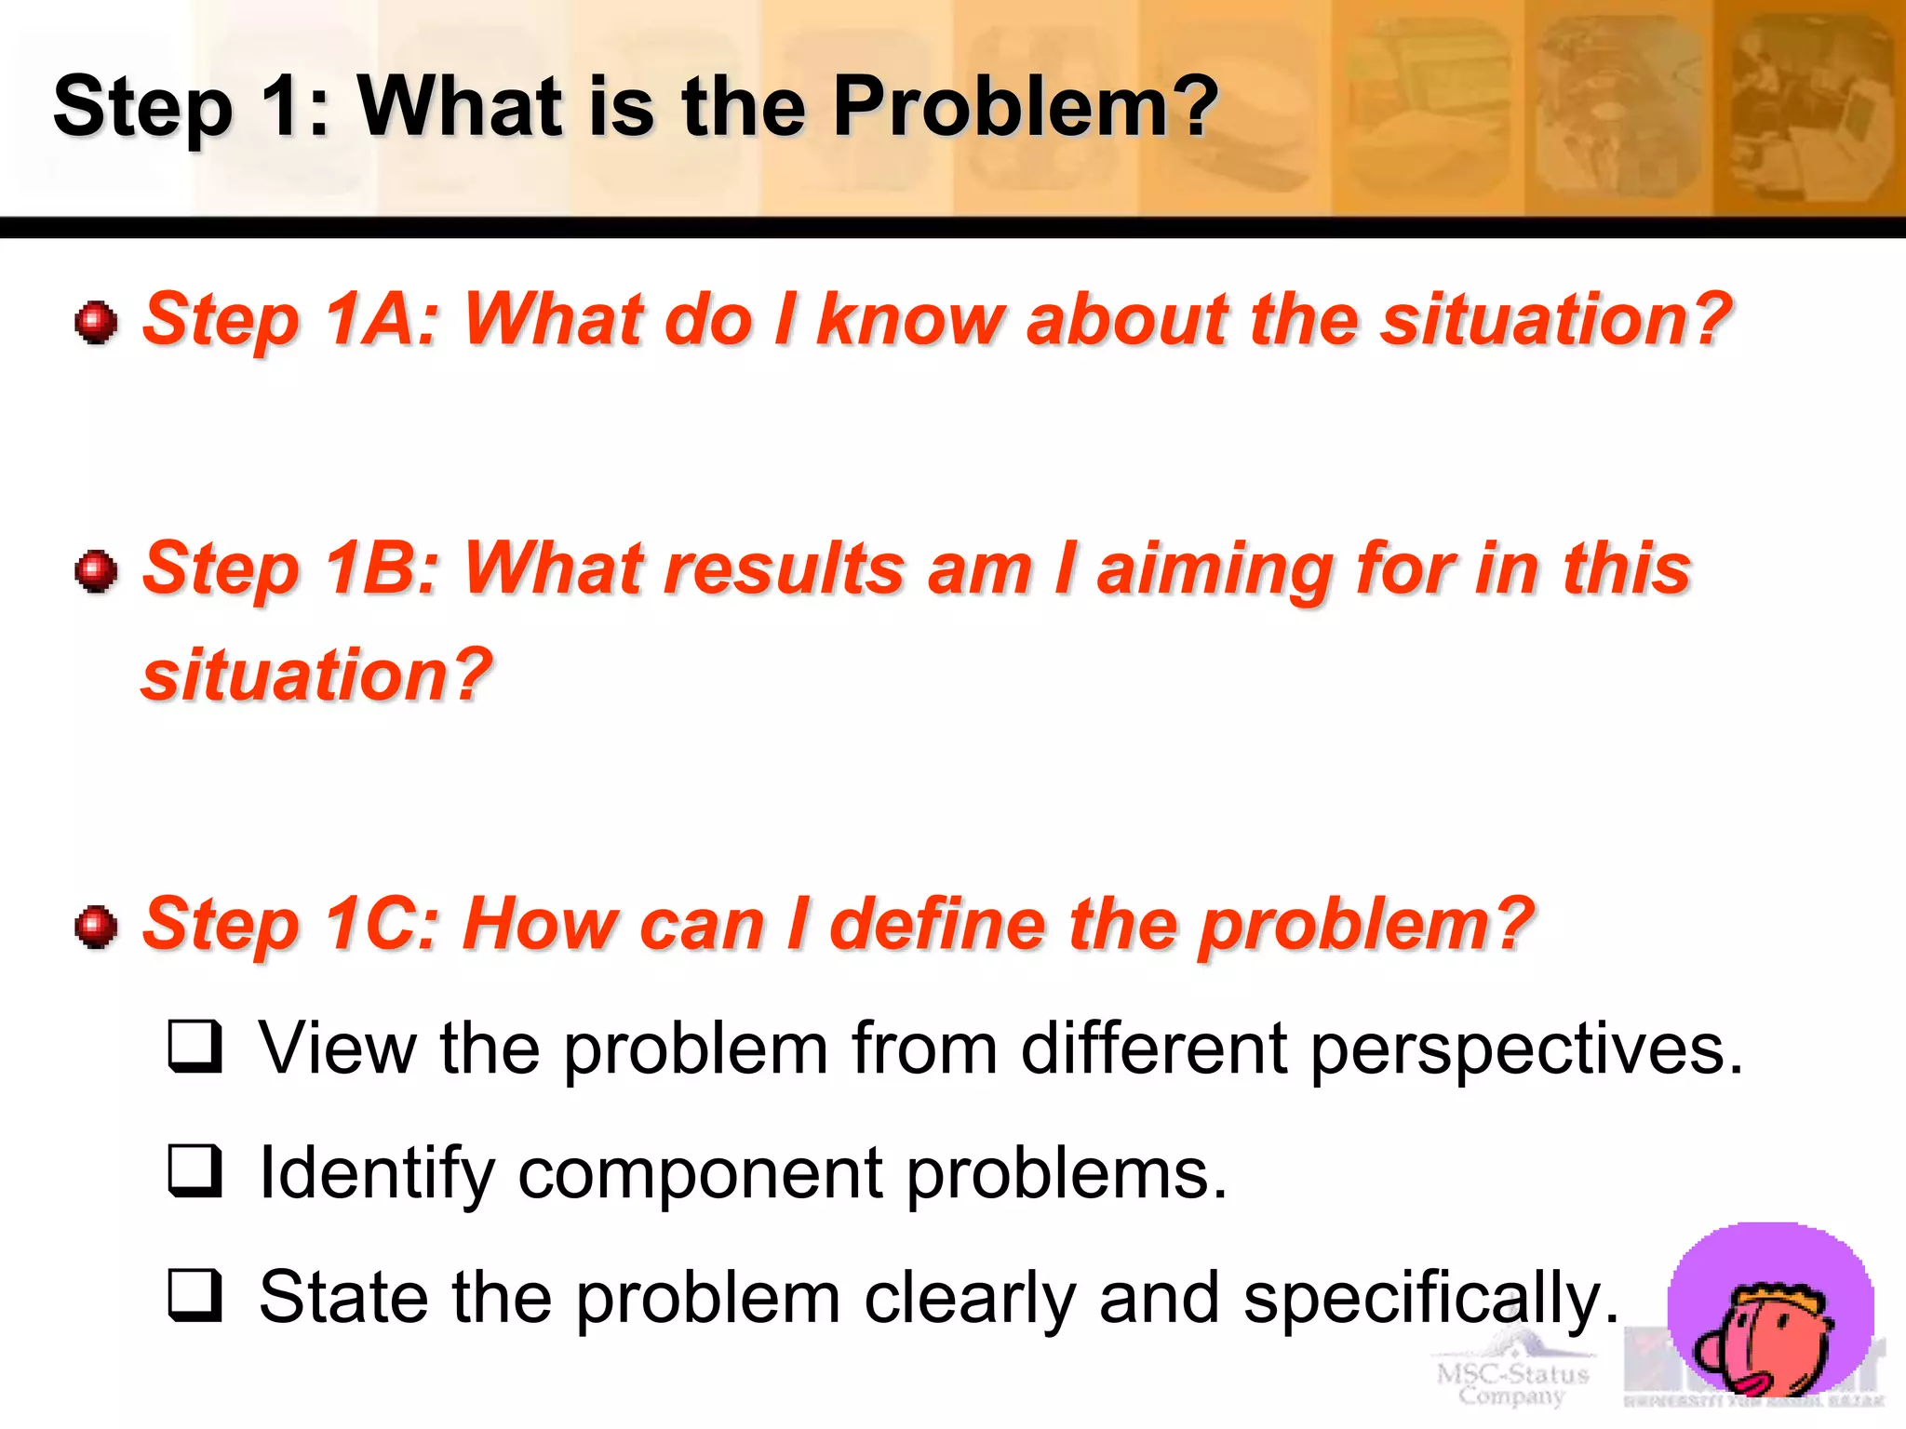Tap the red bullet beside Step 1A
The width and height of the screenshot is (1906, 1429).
point(96,322)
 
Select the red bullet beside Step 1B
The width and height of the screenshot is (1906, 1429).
point(96,570)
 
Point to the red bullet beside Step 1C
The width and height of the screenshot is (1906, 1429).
point(96,927)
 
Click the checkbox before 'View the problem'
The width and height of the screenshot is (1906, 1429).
point(195,1047)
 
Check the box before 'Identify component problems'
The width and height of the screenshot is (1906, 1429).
point(195,1170)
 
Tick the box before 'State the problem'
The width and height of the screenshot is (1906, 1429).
point(195,1295)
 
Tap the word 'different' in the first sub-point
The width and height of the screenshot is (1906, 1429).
point(1154,1048)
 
